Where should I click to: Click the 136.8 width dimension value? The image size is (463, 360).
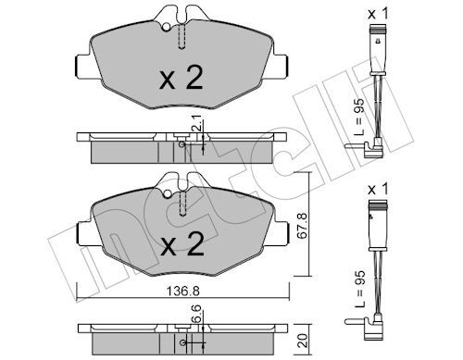pyautogui.click(x=182, y=291)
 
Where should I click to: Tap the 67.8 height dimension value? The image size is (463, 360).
pyautogui.click(x=303, y=225)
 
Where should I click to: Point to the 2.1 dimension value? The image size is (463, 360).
pyautogui.click(x=197, y=122)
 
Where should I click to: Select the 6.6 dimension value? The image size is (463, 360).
pyautogui.click(x=197, y=313)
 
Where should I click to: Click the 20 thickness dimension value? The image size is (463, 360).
pyautogui.click(x=303, y=341)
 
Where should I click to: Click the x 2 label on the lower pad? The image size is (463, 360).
pyautogui.click(x=182, y=244)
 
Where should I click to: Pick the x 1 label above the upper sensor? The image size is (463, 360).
pyautogui.click(x=378, y=14)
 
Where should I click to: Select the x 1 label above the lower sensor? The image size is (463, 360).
pyautogui.click(x=378, y=190)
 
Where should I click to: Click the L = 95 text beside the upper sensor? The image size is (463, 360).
pyautogui.click(x=359, y=118)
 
